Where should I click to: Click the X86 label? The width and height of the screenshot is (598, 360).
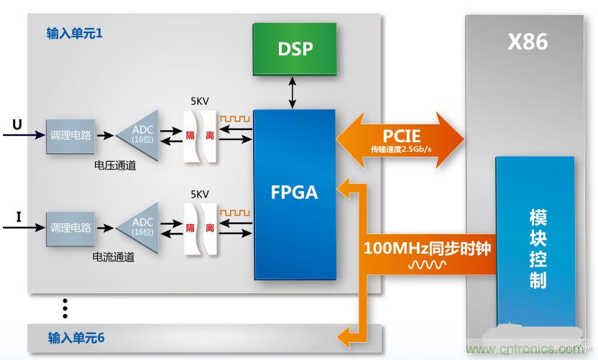pos(528,42)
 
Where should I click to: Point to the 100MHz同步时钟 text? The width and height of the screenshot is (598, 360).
pos(427,249)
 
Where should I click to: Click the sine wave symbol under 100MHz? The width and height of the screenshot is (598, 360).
pos(427,265)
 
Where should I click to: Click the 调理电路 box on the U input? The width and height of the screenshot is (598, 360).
pos(70,134)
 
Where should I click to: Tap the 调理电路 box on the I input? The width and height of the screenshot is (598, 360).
pos(70,227)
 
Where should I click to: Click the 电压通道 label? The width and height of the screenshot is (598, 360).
pos(114,165)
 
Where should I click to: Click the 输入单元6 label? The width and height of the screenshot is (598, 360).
pos(76,336)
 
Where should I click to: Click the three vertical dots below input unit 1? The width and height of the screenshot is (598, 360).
pos(64,308)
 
